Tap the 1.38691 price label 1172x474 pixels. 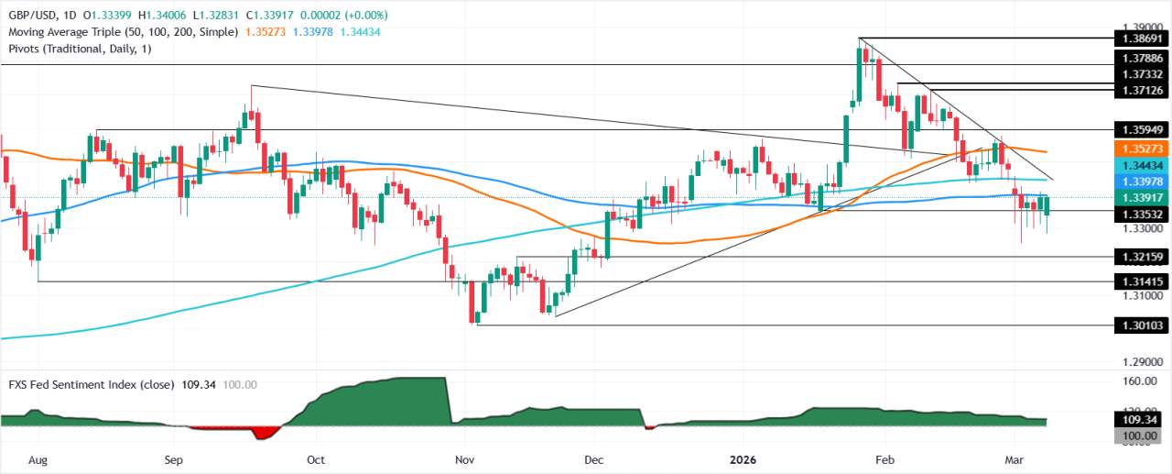(x=1139, y=39)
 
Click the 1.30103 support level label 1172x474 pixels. (x=1139, y=325)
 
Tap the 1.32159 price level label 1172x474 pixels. (x=1139, y=258)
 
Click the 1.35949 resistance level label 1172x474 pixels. (x=1139, y=129)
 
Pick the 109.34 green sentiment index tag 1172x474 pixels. (x=1139, y=420)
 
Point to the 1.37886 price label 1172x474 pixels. (x=1139, y=57)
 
